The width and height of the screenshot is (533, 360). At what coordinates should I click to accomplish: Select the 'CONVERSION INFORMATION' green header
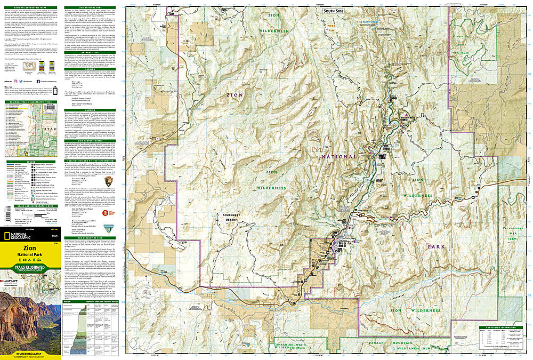tap(500, 327)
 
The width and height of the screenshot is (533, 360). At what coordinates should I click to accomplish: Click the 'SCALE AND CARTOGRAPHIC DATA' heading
tap(30, 206)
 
